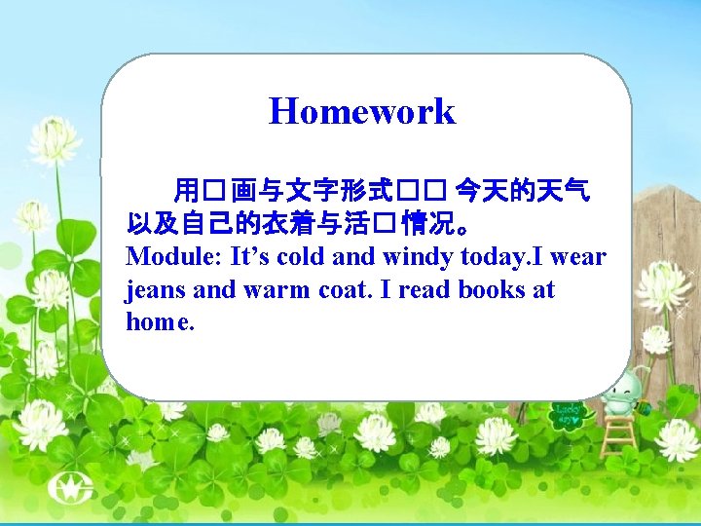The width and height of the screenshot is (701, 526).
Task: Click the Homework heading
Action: (x=361, y=111)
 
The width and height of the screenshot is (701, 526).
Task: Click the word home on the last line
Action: (x=159, y=321)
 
